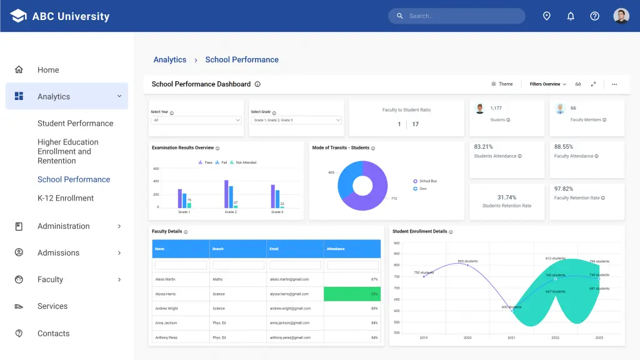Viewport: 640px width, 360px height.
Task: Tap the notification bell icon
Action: [571, 16]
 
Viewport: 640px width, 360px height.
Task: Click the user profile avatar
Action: [621, 16]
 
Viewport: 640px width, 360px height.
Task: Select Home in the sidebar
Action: [48, 70]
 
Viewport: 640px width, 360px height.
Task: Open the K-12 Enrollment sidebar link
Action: [66, 198]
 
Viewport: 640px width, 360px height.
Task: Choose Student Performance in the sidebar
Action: [75, 123]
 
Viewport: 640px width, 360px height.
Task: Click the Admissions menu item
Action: [58, 252]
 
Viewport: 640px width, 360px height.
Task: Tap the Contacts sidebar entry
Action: [53, 333]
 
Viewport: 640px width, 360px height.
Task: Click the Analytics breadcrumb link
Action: [170, 60]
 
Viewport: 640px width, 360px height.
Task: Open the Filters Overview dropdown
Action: [547, 84]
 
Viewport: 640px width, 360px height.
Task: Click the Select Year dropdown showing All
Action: [196, 120]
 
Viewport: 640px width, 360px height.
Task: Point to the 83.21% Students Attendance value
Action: [484, 147]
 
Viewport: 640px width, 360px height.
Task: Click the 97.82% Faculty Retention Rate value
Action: [564, 189]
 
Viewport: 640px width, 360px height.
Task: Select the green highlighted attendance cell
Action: [352, 294]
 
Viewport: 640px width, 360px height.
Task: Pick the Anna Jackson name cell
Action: [166, 322]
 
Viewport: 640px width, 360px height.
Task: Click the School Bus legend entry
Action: [427, 181]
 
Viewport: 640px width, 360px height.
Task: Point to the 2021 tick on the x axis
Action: [511, 337]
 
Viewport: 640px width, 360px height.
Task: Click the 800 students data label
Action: [467, 261]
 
